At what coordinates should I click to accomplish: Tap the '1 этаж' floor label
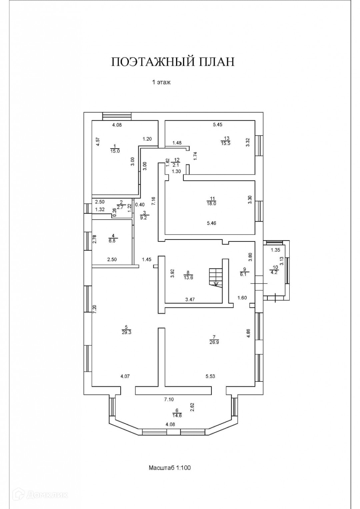[161, 82]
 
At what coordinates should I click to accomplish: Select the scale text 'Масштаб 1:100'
[169, 467]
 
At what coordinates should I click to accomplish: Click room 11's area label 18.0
[211, 203]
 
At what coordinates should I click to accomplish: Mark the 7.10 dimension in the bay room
[169, 399]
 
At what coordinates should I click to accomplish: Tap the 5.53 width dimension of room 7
[210, 376]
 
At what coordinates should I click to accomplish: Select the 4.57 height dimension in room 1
[98, 142]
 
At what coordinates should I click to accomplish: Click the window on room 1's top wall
[117, 116]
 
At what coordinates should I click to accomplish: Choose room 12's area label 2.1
[177, 165]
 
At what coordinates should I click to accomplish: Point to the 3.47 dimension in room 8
[190, 299]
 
